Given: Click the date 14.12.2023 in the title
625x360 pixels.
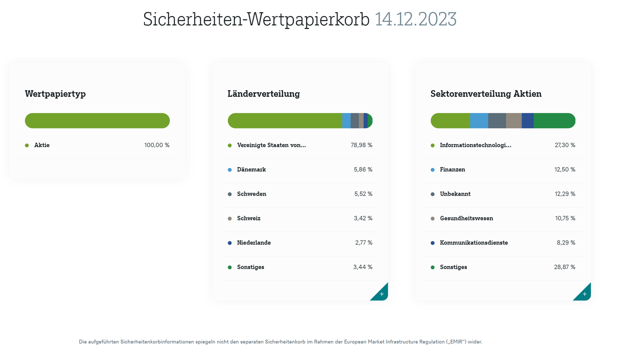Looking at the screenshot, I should [415, 19].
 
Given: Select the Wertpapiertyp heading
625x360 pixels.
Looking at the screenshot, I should [55, 94].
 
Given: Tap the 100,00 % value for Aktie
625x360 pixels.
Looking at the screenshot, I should [157, 145].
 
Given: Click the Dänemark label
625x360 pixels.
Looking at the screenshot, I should [251, 169].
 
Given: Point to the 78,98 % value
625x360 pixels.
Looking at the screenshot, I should [361, 145].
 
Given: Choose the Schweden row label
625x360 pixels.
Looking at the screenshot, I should [252, 194].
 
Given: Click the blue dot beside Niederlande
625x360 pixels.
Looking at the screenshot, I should [230, 243].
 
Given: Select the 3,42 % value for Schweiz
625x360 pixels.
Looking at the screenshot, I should [363, 218].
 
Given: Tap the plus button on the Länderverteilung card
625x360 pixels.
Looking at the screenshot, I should [381, 294].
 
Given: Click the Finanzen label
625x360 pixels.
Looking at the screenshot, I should [452, 169].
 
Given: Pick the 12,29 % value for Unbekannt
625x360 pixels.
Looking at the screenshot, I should [565, 194].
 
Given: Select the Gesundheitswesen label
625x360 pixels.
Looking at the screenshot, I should [466, 218].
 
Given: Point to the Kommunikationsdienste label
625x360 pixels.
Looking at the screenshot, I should [474, 243].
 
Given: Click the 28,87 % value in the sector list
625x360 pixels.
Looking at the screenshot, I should [564, 267].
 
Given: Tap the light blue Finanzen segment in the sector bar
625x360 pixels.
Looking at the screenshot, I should [479, 121].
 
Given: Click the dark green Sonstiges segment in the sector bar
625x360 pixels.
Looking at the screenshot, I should [554, 121].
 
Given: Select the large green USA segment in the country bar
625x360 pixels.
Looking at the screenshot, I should [285, 121].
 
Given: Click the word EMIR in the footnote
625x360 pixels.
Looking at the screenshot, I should [457, 342].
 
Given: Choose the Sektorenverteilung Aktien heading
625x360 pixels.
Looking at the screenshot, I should [486, 94].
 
